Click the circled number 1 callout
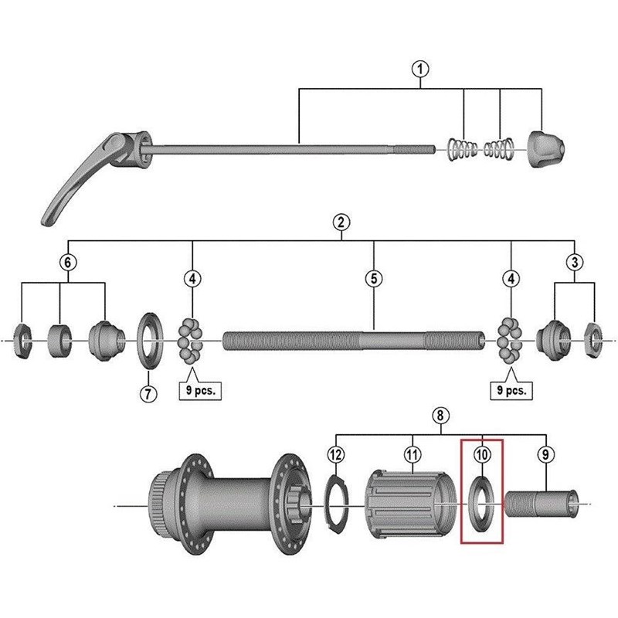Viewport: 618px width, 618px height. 420,70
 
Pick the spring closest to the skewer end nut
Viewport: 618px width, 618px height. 500,147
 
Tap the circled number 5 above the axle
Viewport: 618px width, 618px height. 374,278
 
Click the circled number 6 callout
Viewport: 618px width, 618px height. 68,263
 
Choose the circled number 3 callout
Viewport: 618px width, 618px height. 574,263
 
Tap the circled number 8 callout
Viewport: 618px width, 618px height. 439,416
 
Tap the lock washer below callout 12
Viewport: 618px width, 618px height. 336,506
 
